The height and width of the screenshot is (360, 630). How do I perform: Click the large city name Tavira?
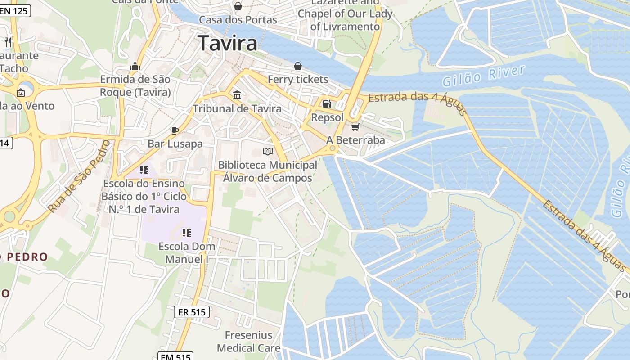(228, 43)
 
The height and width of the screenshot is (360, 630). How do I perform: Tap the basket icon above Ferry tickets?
(298, 66)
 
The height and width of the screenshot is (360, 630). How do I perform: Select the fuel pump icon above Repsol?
(327, 104)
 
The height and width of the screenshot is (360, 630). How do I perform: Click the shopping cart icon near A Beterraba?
(355, 127)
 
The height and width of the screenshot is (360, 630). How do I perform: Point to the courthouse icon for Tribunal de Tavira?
(237, 95)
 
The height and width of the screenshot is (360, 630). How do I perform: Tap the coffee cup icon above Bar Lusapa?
(175, 130)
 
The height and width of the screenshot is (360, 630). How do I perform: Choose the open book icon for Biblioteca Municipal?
(268, 152)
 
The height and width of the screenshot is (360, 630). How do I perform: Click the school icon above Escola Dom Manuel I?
(187, 233)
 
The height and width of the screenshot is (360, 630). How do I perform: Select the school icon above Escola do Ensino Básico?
(144, 170)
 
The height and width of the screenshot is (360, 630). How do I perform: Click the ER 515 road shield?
(192, 311)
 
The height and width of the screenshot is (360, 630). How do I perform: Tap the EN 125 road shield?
(14, 11)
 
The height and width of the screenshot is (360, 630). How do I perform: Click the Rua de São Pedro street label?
(79, 176)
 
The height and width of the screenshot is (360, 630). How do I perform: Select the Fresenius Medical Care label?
(248, 342)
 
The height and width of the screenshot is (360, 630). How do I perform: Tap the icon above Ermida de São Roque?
(135, 67)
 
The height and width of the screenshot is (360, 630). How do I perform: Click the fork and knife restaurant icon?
(8, 42)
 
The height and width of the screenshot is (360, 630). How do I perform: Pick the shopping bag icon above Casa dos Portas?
(238, 6)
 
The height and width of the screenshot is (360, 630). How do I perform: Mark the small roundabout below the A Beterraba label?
(333, 148)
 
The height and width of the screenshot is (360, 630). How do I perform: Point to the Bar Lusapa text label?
(175, 144)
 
